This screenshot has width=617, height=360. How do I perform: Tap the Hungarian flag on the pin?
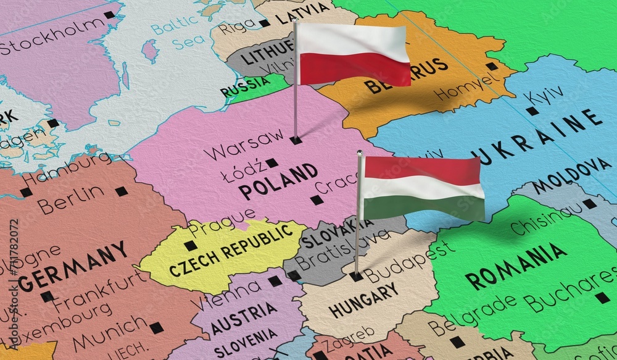(422, 188)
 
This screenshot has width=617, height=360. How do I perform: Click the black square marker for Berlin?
(122, 191)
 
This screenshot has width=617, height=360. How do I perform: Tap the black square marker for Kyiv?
(532, 111)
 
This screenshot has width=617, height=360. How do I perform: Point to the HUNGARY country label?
(364, 299)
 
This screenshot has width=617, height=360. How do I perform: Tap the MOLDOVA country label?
(571, 175)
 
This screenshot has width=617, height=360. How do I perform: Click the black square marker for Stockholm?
(109, 15)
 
